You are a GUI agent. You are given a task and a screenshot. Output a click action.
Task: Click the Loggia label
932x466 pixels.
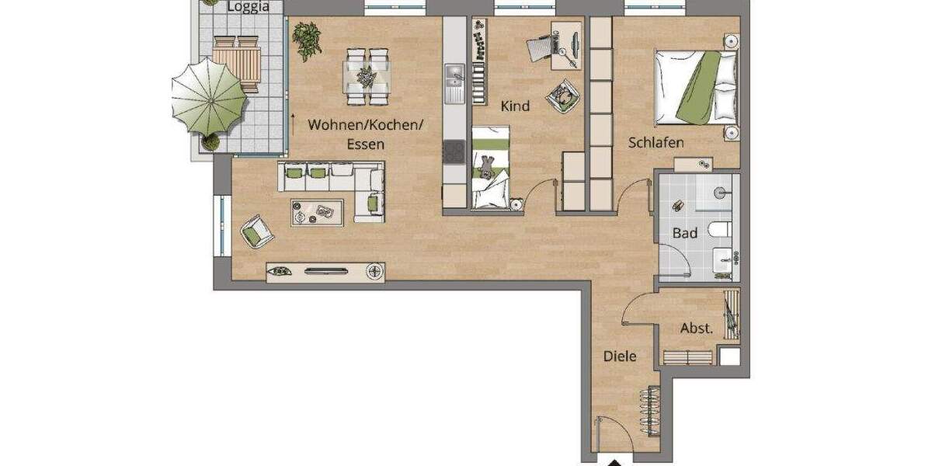pos(248,8)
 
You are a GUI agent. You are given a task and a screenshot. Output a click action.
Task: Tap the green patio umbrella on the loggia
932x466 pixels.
pos(208,96)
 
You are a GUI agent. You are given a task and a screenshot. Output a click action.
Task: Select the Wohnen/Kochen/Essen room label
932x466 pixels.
pos(366,134)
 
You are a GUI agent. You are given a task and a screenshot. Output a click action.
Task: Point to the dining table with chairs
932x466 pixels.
pos(367,75)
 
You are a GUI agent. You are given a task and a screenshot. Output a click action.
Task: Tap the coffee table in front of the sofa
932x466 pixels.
pos(317,211)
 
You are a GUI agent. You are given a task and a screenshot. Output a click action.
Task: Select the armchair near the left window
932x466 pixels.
pos(256,230)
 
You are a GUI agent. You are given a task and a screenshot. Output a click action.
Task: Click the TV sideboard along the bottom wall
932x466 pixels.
pos(325,271)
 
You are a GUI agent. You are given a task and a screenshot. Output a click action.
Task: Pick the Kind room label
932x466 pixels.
pos(515,106)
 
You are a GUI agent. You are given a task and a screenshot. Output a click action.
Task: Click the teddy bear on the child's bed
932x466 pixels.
pos(487,166)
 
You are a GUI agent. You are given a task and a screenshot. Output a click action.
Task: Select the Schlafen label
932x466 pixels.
pos(656,143)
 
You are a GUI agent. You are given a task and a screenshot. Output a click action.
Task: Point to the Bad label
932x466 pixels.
pos(685,232)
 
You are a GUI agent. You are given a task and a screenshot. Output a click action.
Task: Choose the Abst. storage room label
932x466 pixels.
pos(696,329)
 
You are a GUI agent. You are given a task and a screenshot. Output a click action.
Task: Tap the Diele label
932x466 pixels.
pos(621,356)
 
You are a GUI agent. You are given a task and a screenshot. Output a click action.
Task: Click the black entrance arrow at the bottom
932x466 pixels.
pos(614,463)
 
